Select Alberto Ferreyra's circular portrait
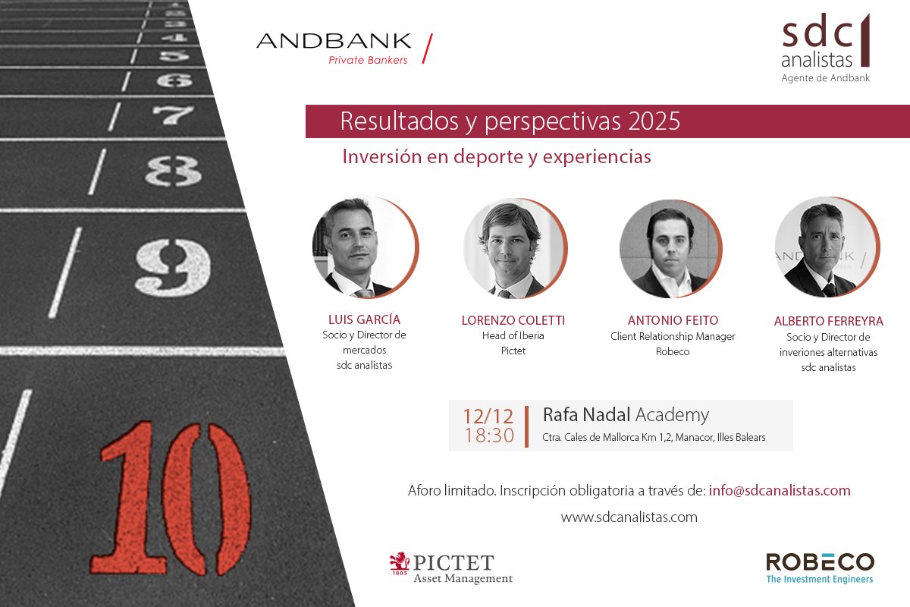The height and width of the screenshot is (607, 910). click(x=826, y=248)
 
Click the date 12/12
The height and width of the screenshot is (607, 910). click(x=488, y=416)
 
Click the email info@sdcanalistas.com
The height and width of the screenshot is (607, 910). click(x=780, y=490)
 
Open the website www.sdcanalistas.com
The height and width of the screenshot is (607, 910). click(x=629, y=517)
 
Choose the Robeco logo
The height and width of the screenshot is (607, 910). click(x=820, y=568)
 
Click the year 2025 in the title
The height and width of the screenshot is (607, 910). click(x=654, y=121)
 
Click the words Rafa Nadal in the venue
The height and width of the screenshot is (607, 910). click(x=586, y=415)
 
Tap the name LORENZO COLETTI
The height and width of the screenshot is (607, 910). click(x=513, y=320)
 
